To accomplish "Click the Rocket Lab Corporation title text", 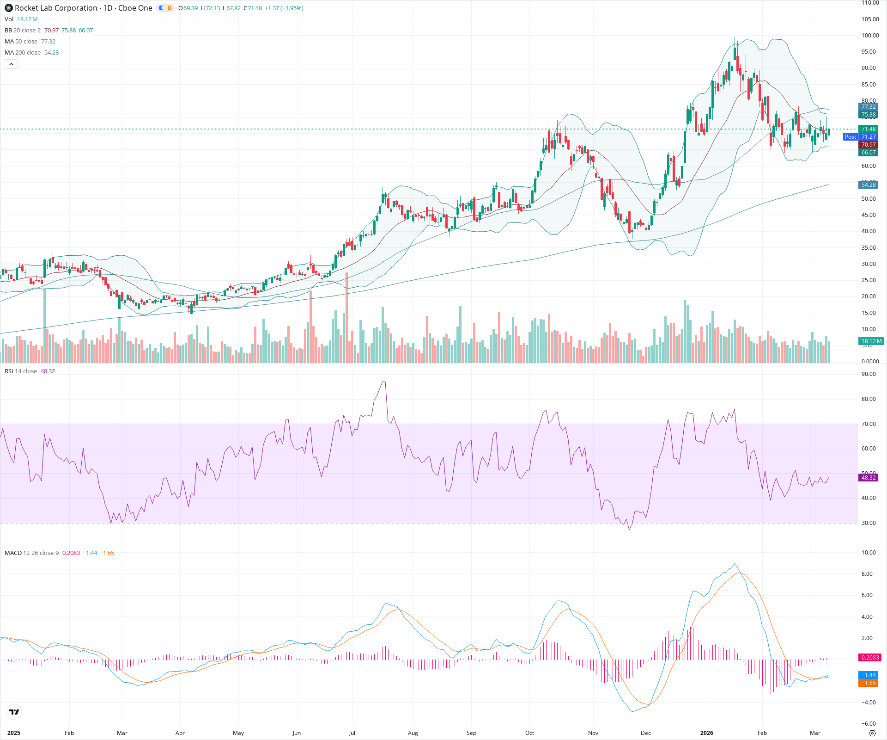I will [56, 8].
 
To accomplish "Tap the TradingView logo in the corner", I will [14, 712].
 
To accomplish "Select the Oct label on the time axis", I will [529, 733].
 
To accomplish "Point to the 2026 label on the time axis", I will [706, 733].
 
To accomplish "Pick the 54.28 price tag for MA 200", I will [868, 185].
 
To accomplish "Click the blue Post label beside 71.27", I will [850, 137].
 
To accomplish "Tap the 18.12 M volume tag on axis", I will [871, 341].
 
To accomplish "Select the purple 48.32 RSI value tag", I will [868, 477].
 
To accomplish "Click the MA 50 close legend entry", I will [21, 42].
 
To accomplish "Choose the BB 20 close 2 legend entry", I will [23, 31].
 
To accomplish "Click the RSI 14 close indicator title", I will [21, 371].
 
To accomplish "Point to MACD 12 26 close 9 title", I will [31, 553].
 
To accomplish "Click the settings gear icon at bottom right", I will [872, 733].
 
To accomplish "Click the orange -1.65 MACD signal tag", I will [868, 683].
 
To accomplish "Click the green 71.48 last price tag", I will [868, 129].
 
